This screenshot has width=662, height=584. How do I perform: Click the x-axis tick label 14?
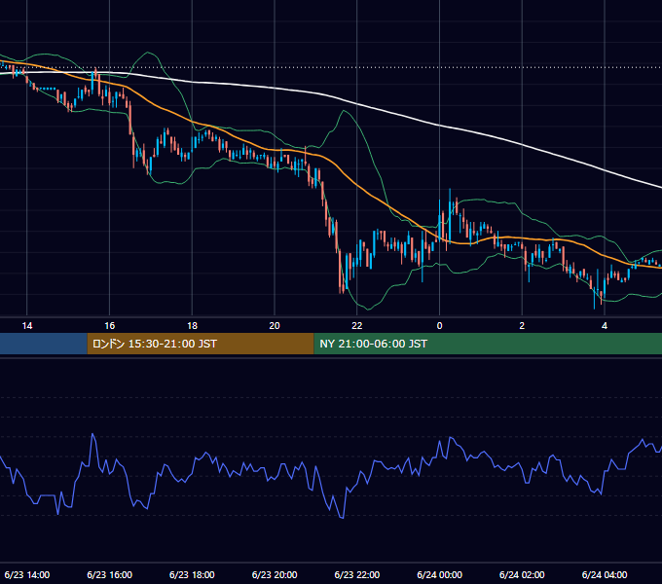point(27,326)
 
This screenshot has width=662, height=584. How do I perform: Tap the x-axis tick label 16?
point(109,326)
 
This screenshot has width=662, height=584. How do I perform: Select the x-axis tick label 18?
point(192,326)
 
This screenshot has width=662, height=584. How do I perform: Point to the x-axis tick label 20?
point(275,326)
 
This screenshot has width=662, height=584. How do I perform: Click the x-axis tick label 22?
point(357,326)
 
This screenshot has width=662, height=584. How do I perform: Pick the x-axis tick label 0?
point(439,326)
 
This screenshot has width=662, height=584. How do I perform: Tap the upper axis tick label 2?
point(522,326)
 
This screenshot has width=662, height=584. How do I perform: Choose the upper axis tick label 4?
point(605,326)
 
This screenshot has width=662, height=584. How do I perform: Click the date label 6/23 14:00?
point(27,574)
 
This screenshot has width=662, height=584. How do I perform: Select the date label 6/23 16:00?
point(109,574)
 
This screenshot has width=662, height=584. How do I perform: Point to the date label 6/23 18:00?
point(192,574)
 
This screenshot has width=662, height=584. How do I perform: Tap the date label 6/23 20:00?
point(275,574)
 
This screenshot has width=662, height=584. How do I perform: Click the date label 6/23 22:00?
point(357,574)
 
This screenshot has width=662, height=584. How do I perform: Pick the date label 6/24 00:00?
point(439,574)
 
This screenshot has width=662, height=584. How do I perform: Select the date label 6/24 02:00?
point(522,574)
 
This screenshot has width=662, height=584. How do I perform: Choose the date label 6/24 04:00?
point(605,574)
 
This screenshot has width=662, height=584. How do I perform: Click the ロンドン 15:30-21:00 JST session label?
point(155,344)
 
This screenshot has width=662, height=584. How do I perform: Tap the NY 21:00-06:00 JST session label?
point(373,344)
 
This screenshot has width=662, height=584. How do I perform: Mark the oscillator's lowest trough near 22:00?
point(343,518)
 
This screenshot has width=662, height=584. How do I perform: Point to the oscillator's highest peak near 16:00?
point(92,434)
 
